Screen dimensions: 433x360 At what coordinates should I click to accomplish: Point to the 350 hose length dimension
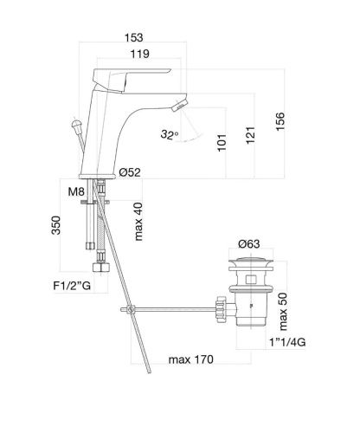coord(56,228)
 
